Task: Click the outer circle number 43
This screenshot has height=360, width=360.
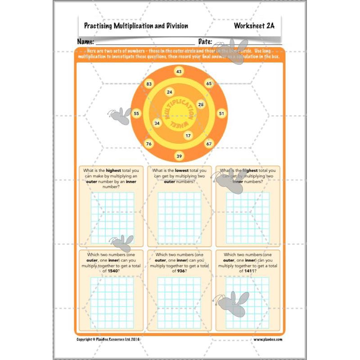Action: pos(179,72)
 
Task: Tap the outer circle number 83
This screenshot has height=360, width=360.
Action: pos(149,84)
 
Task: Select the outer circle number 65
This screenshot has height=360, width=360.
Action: pos(209,84)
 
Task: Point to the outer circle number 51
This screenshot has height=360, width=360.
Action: pos(221,114)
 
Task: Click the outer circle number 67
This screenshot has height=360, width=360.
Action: pos(209,144)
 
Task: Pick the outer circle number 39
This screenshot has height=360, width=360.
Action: pos(179,156)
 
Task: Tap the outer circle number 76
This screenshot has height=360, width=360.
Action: pos(149,144)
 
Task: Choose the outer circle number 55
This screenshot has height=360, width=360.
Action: pos(137,114)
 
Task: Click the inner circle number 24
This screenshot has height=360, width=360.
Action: pos(169,92)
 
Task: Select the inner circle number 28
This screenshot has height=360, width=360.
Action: pos(201,104)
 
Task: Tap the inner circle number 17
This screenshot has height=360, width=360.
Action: pos(188,135)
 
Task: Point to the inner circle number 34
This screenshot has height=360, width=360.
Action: pos(157,123)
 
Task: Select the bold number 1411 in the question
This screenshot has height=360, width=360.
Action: pos(250,271)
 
